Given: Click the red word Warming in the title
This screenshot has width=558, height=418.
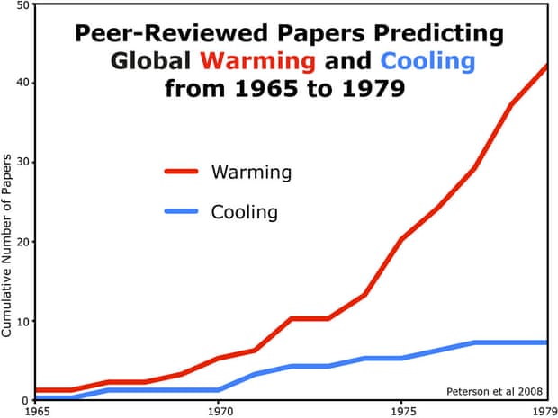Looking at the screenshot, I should point(257,62).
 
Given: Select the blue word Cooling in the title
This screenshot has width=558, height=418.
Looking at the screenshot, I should point(427,62).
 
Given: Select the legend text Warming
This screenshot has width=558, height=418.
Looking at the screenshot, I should point(251,171).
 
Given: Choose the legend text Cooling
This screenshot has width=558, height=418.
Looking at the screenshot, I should point(244,213).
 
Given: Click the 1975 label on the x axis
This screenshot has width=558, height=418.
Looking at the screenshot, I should point(400,410).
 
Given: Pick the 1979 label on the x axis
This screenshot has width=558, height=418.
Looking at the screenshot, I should point(543,410).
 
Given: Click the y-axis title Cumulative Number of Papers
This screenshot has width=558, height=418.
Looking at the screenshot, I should point(7,245).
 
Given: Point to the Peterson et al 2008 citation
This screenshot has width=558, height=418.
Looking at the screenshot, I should point(494,391).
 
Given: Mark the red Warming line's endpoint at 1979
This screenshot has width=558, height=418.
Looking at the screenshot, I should point(547,66).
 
